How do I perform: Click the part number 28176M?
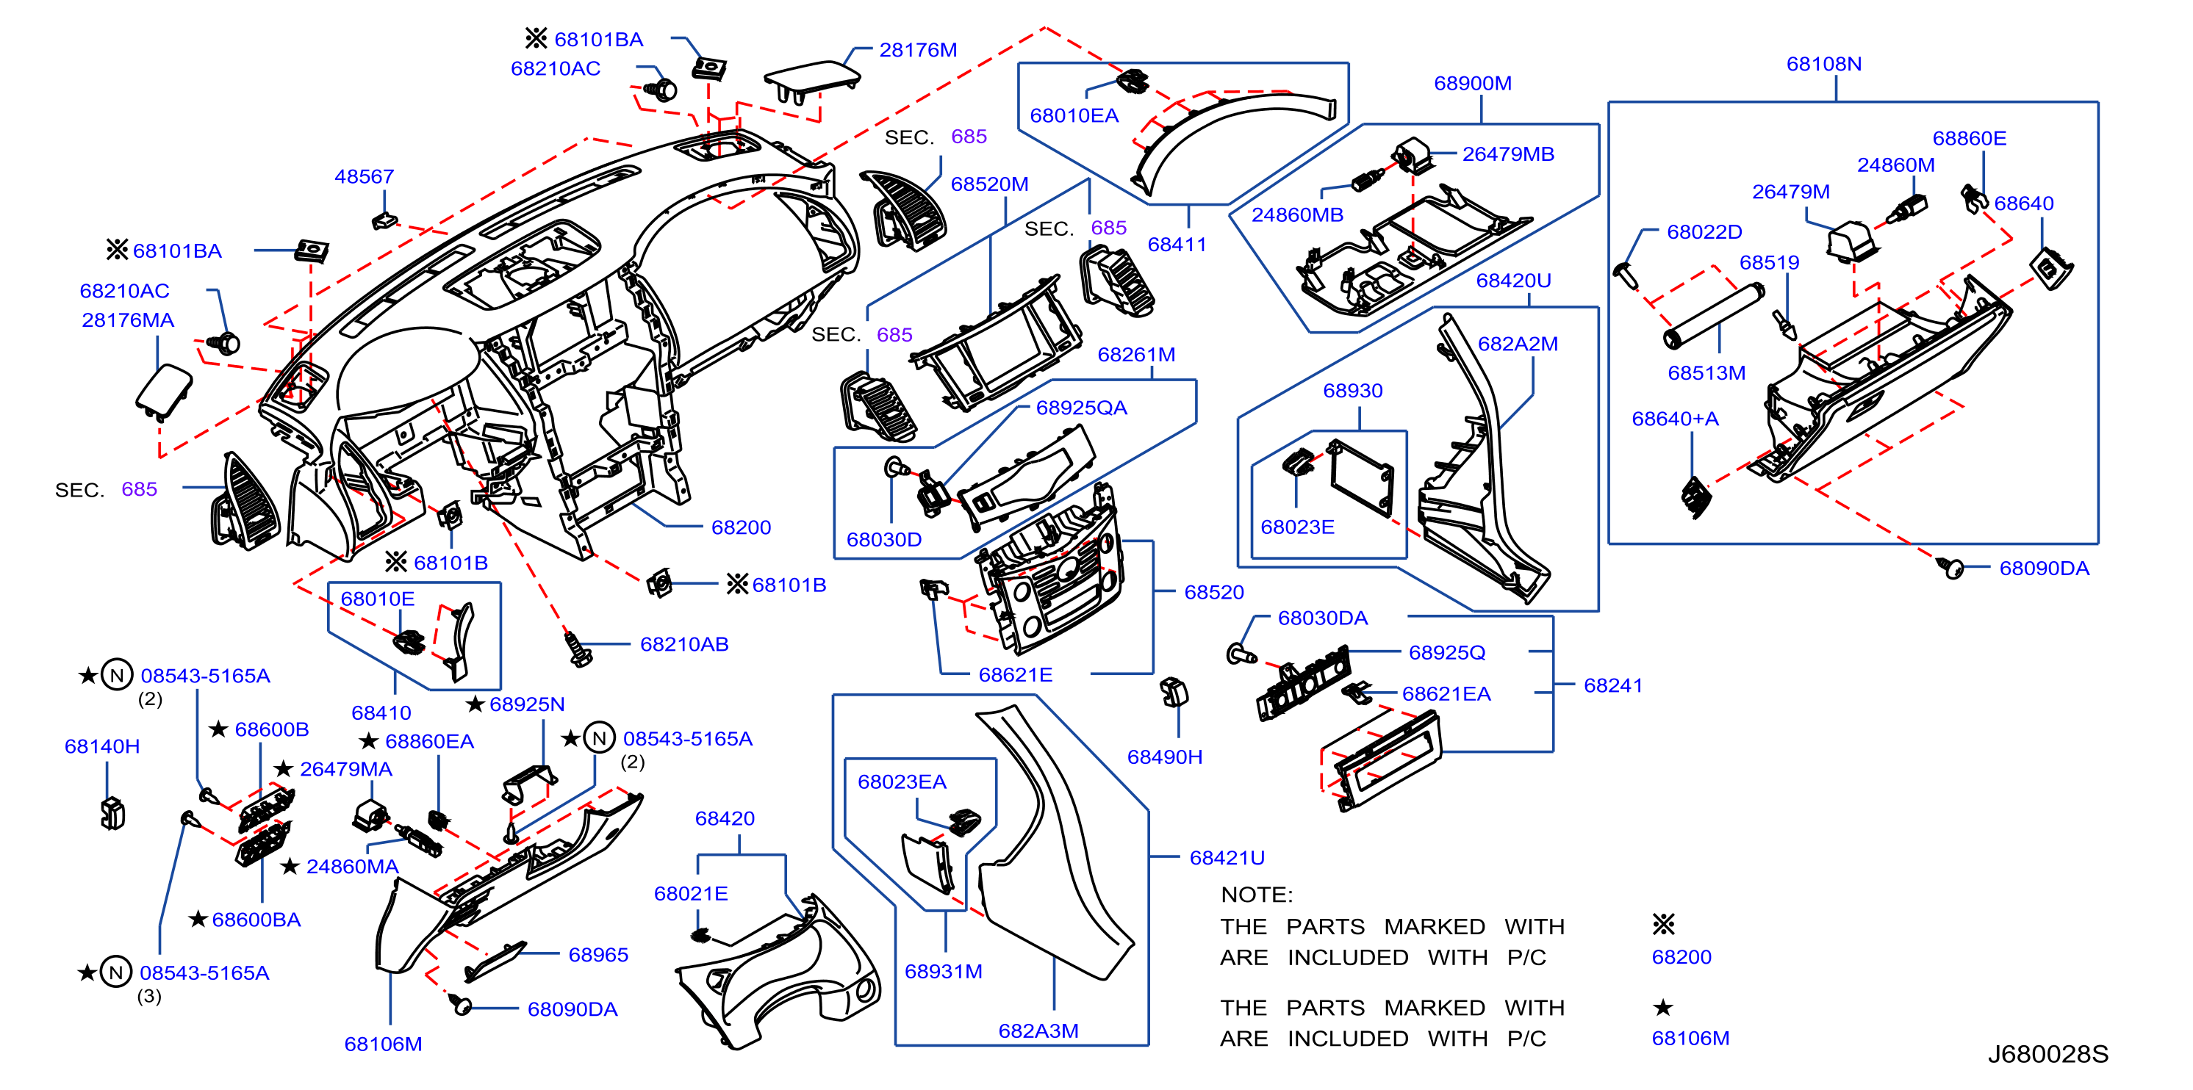tap(918, 50)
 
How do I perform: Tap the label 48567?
tap(365, 177)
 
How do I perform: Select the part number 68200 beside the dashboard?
tap(741, 527)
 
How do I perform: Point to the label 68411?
tap(1177, 245)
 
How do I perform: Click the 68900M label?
tap(1473, 84)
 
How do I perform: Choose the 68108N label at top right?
tap(1823, 64)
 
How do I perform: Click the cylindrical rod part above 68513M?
tap(1713, 317)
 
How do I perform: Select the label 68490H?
tap(1165, 757)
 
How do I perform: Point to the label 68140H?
tap(102, 747)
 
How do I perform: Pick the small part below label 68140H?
tap(112, 813)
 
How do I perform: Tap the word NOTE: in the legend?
tap(1257, 895)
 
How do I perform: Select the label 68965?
tap(598, 956)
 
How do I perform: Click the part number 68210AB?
tap(684, 645)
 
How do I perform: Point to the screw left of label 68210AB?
tap(579, 649)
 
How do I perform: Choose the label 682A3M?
tap(1038, 1031)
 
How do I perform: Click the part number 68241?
tap(1612, 686)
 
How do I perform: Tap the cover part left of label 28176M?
tap(812, 82)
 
